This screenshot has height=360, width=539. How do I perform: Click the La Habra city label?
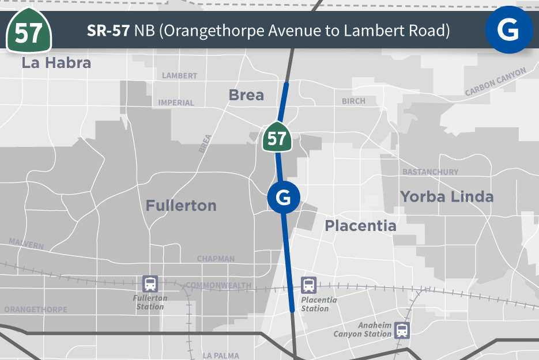pos(56,63)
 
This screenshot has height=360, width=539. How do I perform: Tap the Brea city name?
pos(246,95)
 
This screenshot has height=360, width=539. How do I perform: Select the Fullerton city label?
pos(181,206)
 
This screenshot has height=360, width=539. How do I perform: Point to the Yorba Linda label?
pos(447,197)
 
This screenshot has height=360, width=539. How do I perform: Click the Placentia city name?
pos(360,225)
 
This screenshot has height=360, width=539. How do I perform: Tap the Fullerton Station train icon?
pos(150,283)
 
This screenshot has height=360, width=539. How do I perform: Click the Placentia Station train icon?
pos(309,285)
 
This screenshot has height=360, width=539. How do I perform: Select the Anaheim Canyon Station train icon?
pos(402,330)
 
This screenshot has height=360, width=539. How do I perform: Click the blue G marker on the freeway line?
pos(284,198)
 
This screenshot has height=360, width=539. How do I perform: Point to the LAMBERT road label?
pos(179,76)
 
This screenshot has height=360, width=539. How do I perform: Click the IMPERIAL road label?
pos(176,103)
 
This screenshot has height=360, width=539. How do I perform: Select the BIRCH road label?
pos(353,101)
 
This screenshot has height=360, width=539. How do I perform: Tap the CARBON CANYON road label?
pos(496,82)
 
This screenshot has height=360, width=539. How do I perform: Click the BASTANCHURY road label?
pos(430,172)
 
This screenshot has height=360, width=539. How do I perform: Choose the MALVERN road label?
pos(26,244)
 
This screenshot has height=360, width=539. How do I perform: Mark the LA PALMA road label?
pos(221,356)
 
